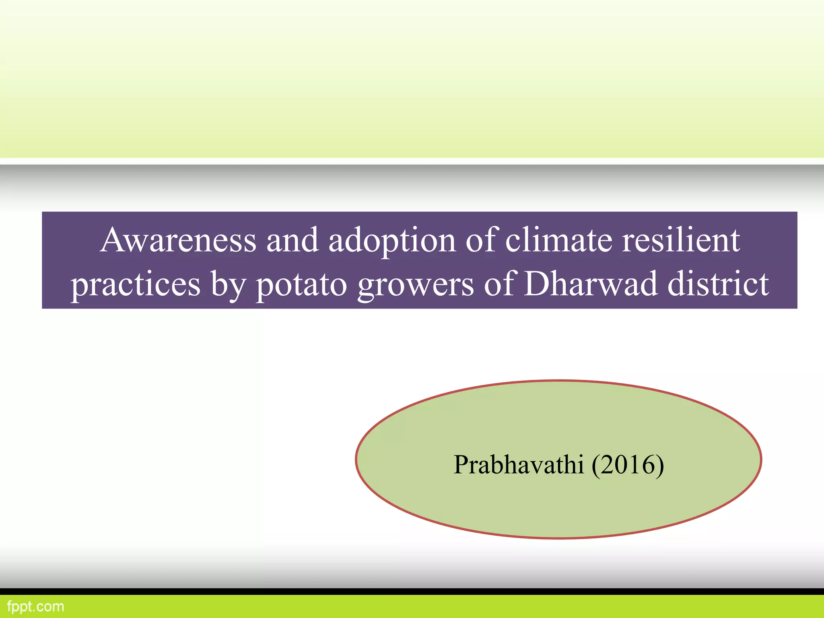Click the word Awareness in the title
178,240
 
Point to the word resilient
681,240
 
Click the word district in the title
718,284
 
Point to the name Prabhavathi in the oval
518,465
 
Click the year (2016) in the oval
628,465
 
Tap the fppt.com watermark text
35,606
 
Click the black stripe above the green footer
412,591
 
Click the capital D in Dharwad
538,284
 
